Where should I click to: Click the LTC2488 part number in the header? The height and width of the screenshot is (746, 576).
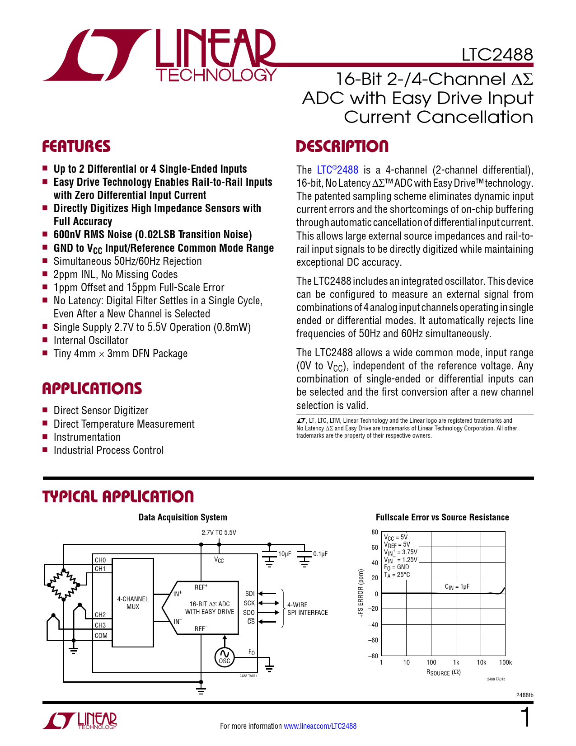point(497,55)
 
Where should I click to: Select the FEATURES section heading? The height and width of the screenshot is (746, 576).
point(76,146)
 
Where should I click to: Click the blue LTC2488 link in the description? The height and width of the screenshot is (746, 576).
point(337,170)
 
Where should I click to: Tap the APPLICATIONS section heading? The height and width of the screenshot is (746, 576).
point(92,389)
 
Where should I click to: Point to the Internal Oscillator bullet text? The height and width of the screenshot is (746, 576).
point(91,340)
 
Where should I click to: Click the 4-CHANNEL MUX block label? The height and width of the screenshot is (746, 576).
point(133,603)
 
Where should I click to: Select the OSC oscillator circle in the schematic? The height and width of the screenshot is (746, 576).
point(225,656)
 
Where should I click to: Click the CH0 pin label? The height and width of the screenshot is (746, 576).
point(100,560)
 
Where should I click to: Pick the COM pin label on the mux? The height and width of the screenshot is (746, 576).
point(101,636)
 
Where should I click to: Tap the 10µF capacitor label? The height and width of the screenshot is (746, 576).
point(285,554)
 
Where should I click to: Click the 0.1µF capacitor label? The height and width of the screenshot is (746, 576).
point(320,554)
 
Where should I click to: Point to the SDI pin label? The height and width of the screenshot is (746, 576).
point(250,594)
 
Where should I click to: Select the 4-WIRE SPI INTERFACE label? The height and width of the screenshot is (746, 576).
point(308,609)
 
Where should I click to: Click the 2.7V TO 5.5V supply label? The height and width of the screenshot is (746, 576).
point(219,533)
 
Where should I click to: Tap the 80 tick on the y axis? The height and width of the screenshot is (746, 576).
point(375,532)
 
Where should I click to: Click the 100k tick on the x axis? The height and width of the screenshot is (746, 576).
point(506,662)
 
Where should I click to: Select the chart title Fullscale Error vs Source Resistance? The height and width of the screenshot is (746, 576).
point(442,517)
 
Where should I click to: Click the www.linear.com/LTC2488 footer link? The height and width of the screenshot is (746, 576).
point(320,726)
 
